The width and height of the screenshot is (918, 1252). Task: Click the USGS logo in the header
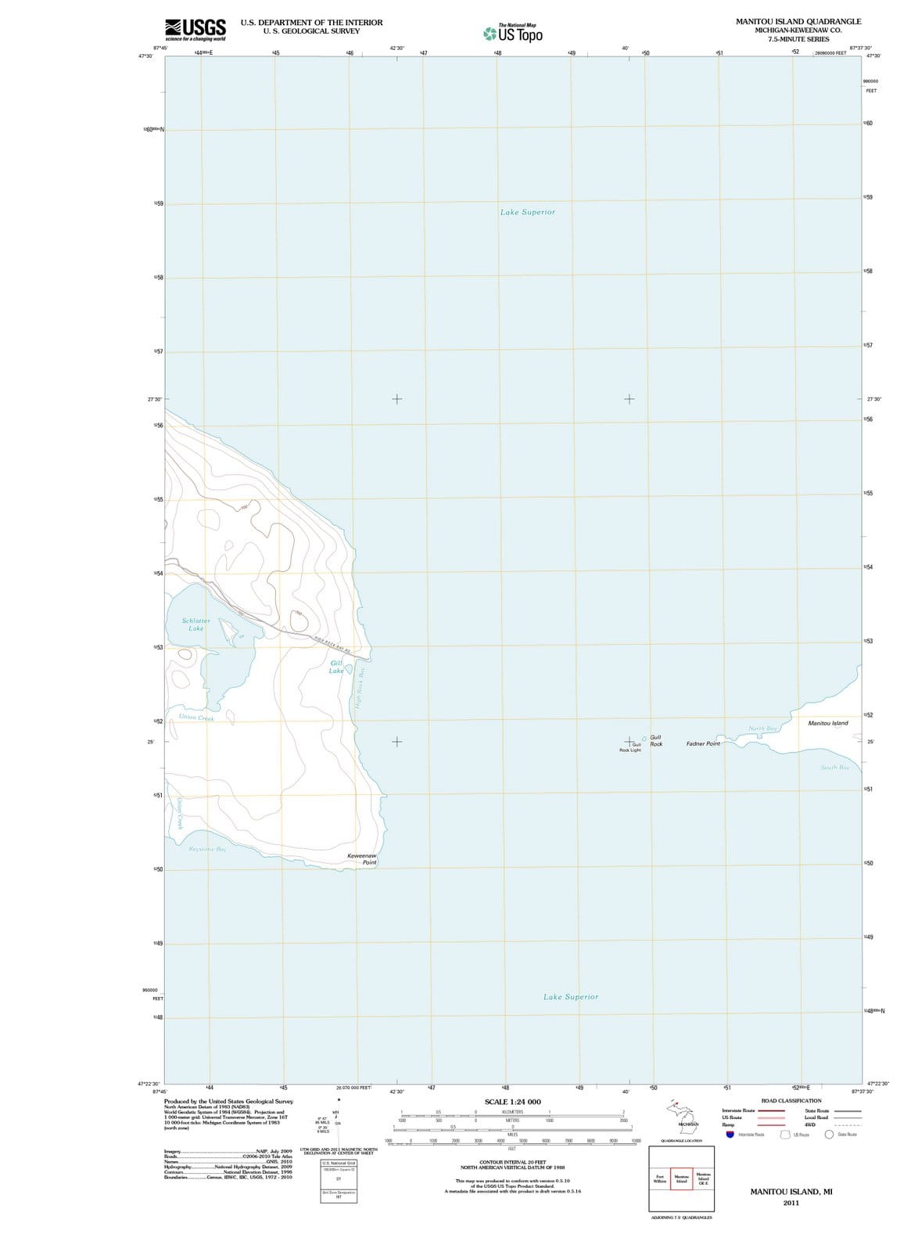pyautogui.click(x=195, y=29)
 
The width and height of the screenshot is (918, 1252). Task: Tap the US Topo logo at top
pyautogui.click(x=513, y=34)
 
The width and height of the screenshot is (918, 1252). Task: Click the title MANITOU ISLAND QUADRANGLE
pyautogui.click(x=798, y=22)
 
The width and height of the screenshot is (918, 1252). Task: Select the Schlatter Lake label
pyautogui.click(x=195, y=624)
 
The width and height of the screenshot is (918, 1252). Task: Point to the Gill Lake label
pyautogui.click(x=336, y=667)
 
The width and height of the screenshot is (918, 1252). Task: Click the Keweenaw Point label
pyautogui.click(x=362, y=859)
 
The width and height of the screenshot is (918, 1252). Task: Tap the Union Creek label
pyautogui.click(x=196, y=718)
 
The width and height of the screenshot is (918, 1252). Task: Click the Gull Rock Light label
pyautogui.click(x=630, y=747)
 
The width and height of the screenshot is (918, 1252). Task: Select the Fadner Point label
pyautogui.click(x=703, y=743)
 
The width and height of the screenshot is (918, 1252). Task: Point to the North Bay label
pyautogui.click(x=762, y=729)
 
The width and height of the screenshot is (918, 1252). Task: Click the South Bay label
pyautogui.click(x=834, y=768)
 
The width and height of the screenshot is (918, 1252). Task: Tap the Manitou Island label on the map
pyautogui.click(x=827, y=723)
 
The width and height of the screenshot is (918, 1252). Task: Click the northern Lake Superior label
pyautogui.click(x=527, y=212)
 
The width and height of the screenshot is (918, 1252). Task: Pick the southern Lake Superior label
pyautogui.click(x=571, y=997)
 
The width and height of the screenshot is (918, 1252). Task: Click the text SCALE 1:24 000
pyautogui.click(x=512, y=1102)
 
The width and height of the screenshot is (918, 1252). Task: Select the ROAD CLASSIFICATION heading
pyautogui.click(x=791, y=1101)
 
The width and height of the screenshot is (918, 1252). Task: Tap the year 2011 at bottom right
pyautogui.click(x=791, y=1203)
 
